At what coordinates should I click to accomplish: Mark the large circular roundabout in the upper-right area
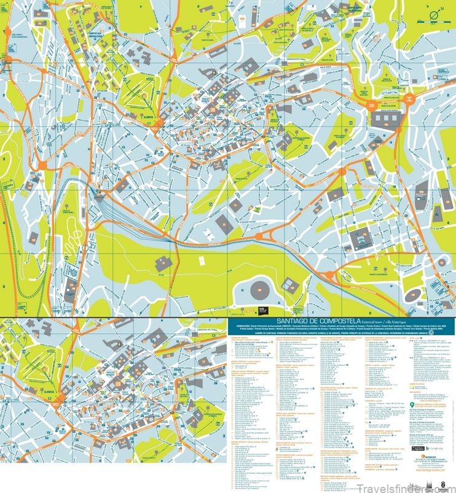click(x=413, y=101)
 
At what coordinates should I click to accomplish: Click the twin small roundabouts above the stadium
click(x=264, y=236)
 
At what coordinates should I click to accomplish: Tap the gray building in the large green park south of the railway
click(x=163, y=263)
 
